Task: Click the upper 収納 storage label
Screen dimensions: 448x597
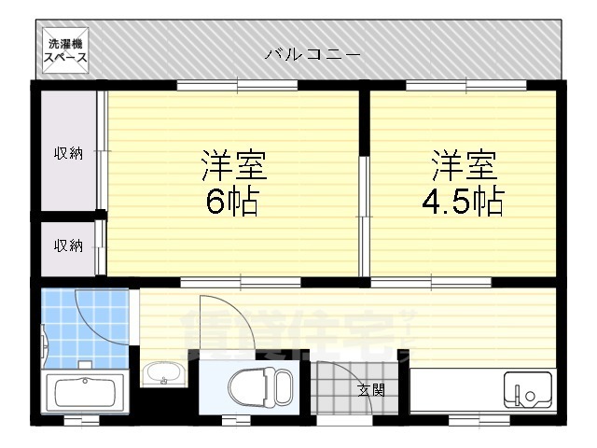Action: pos(67,153)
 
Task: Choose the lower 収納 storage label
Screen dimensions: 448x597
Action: pos(67,246)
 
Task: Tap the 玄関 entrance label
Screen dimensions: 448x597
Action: pos(369,390)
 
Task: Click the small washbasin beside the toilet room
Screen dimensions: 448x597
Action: pos(164,373)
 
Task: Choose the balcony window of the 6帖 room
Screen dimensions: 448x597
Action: pos(237,86)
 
